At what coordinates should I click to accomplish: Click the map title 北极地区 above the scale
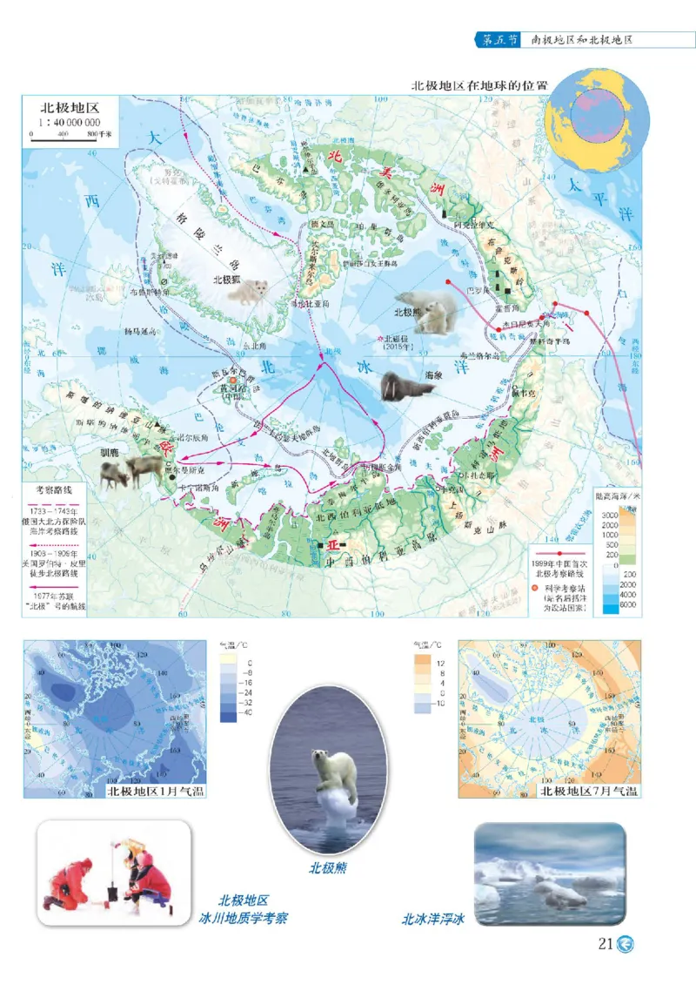coord(70,109)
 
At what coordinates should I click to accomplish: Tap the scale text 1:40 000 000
coord(70,123)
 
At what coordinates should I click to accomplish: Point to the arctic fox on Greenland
coord(252,292)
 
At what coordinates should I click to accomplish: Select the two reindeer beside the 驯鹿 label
coord(130,470)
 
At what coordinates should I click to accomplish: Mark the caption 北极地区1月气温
coord(154,791)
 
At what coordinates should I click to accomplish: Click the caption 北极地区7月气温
coord(588,791)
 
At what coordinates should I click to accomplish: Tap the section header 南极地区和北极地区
coord(581,40)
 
